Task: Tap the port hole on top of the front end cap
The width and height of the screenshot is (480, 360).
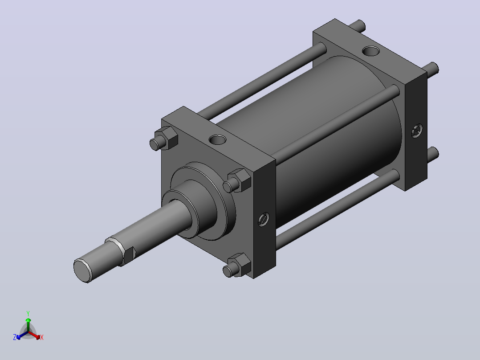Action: click(x=218, y=140)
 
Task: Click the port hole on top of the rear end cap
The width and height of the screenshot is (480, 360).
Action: click(x=371, y=51)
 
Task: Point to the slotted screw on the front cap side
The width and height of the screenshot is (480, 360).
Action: click(x=263, y=219)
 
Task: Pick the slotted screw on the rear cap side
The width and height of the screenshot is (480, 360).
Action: click(x=417, y=131)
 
